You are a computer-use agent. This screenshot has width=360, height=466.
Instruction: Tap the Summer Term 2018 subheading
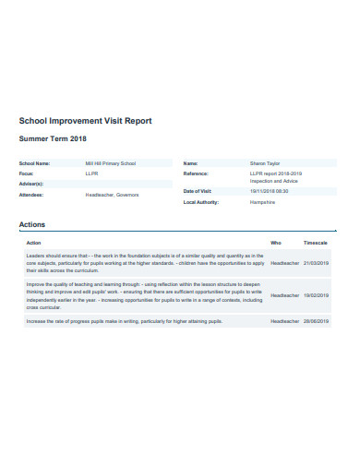[x=53, y=138]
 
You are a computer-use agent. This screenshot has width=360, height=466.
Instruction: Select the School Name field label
[x=34, y=163]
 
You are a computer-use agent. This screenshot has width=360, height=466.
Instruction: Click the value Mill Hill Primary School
[x=111, y=163]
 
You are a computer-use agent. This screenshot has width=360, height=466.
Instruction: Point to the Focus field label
[x=27, y=173]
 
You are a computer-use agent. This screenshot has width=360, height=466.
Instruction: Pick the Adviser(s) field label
[x=30, y=183]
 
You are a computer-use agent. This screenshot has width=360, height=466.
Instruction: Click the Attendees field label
[x=31, y=195]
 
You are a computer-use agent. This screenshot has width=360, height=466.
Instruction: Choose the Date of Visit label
[x=198, y=190]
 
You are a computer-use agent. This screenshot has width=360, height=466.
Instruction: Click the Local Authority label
[x=201, y=201]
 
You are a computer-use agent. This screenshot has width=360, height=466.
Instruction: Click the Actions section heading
[x=33, y=225]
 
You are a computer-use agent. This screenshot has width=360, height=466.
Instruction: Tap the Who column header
[x=275, y=242]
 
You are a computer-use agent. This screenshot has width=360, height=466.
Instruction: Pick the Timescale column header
[x=316, y=242]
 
